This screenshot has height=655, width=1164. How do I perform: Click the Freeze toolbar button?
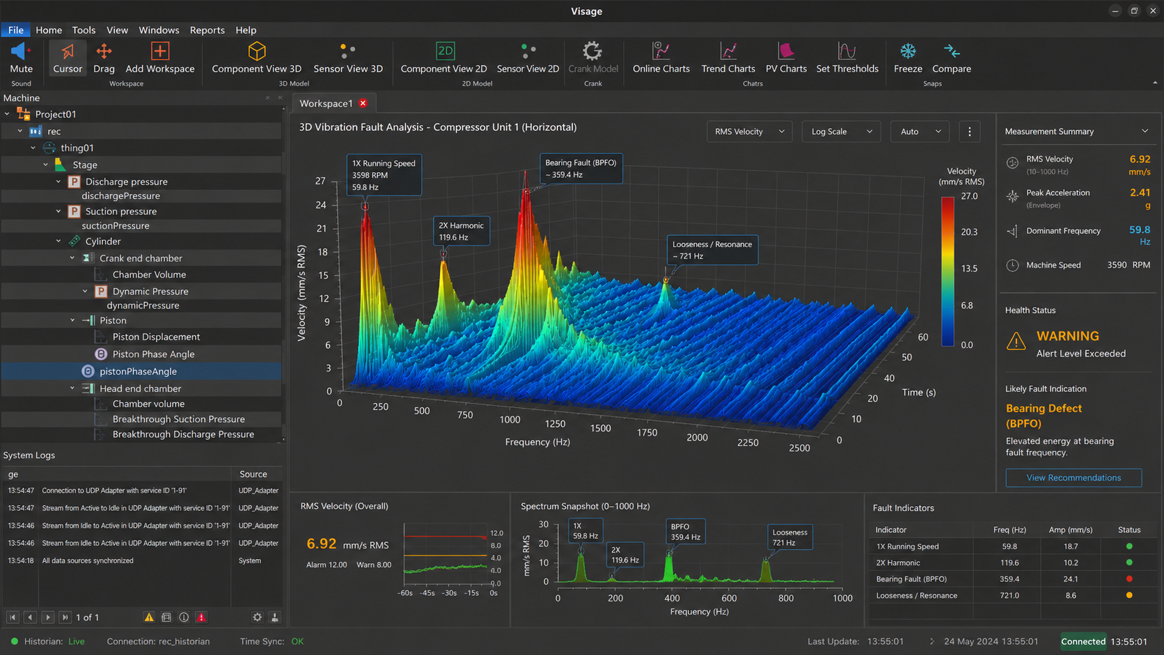pos(908,58)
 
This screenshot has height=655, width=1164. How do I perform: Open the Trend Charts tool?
pos(727,58)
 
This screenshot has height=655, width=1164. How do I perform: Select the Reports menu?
pos(207,30)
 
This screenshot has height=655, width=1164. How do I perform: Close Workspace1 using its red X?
pos(363,104)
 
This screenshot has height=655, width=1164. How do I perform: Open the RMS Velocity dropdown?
pos(749,132)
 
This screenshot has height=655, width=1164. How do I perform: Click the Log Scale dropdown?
pos(841,132)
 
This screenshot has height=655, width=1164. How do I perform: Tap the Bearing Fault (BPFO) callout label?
pos(581,168)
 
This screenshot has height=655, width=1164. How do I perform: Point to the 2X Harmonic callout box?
pos(462,231)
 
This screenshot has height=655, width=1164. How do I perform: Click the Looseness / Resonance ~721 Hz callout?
pos(712,250)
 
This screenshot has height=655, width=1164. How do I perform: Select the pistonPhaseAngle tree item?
pos(138,372)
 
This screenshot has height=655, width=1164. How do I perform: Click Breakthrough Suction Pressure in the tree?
pos(178,419)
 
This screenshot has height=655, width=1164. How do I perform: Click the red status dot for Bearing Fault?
pos(1128,578)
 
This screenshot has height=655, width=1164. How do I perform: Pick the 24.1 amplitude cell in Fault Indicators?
pos(1071,578)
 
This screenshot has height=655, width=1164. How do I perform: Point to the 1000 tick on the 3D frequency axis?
pos(510,419)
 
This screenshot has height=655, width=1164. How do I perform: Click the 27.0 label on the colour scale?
pos(969,196)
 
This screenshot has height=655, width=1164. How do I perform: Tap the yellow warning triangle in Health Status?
pos(1016,341)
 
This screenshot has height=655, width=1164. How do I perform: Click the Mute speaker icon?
pos(20,51)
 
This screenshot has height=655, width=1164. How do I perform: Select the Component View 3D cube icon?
pos(257,51)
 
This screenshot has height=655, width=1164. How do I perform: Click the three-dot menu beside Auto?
pos(969,132)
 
